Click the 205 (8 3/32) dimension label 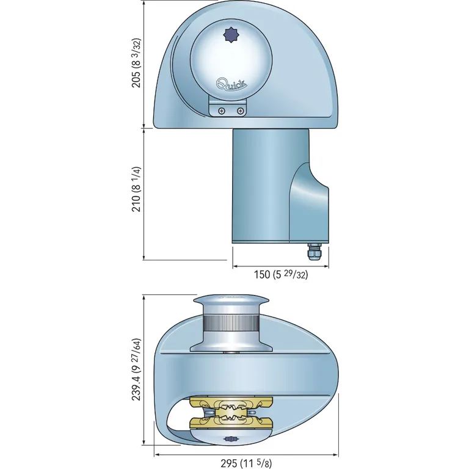[x=137, y=64]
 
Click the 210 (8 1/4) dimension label [x=137, y=189]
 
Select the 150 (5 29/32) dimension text [x=281, y=275]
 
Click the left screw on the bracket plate [x=221, y=111]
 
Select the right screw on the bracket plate [x=241, y=111]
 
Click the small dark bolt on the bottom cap [x=230, y=439]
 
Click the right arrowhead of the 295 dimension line [x=336, y=454]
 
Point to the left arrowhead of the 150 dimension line [x=234, y=267]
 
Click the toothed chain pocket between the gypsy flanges [x=231, y=412]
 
